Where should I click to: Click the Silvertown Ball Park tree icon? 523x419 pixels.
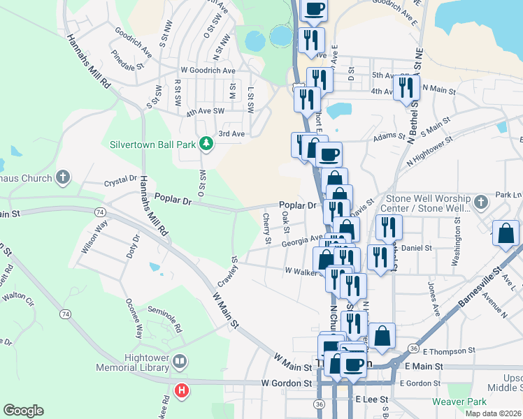pyautogui.click(x=206, y=145)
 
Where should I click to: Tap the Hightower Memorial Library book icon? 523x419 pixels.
pyautogui.click(x=180, y=361)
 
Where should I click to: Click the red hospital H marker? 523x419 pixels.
pyautogui.click(x=182, y=390)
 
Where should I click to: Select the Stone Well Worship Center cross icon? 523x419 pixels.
pyautogui.click(x=480, y=203)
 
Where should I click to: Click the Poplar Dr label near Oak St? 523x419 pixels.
pyautogui.click(x=298, y=205)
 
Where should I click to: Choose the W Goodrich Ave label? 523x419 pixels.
pyautogui.click(x=208, y=71)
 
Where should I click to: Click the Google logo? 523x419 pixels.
pyautogui.click(x=23, y=411)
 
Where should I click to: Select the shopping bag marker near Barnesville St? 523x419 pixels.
pyautogui.click(x=506, y=234)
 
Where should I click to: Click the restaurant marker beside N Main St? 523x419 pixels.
pyautogui.click(x=404, y=89)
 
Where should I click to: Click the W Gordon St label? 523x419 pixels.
pyautogui.click(x=287, y=383)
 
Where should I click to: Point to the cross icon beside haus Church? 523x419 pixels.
pyautogui.click(x=63, y=177)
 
